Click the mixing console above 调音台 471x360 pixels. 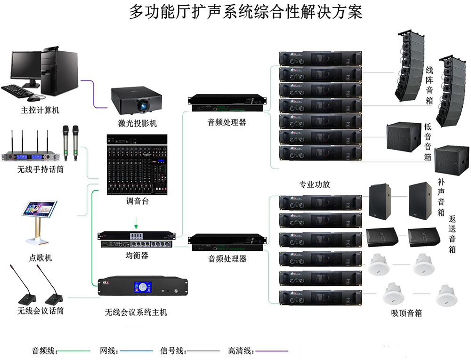[x=137, y=169]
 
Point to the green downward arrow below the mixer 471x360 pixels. [x=137, y=222]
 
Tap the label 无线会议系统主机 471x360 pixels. [x=136, y=312]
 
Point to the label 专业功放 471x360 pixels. [x=315, y=184]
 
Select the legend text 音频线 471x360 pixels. [x=44, y=351]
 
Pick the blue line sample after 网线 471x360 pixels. [x=137, y=351]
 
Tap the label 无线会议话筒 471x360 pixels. [x=41, y=311]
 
